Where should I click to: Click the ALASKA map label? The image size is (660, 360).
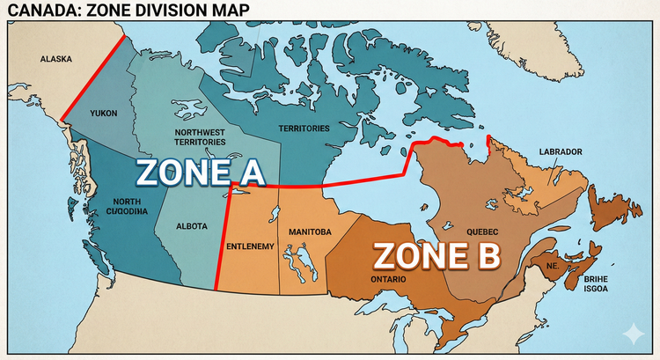[x=54, y=60]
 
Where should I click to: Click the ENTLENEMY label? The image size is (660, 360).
[x=251, y=245]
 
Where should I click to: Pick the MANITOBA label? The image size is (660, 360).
[x=310, y=231]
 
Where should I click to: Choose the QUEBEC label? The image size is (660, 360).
[x=483, y=231]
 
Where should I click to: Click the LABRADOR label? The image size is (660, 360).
[x=561, y=151]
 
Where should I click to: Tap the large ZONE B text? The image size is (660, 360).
[x=437, y=256]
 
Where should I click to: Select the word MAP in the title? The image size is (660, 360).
[x=227, y=10]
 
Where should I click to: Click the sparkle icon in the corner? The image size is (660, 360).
[x=632, y=334]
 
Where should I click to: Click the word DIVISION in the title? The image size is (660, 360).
[x=171, y=10]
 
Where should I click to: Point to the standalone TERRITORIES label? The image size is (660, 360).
[x=304, y=129]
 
